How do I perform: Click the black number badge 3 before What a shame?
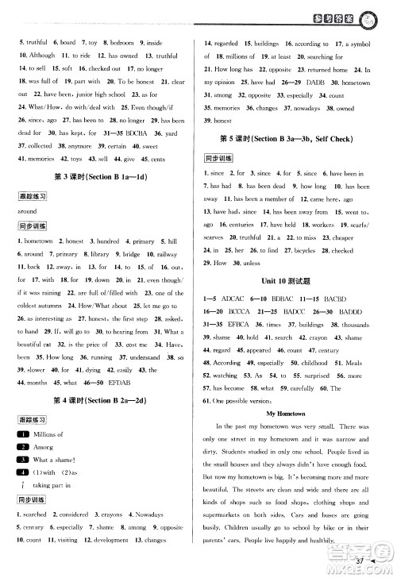coord(24,460)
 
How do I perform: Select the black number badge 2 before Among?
coord(24,447)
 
